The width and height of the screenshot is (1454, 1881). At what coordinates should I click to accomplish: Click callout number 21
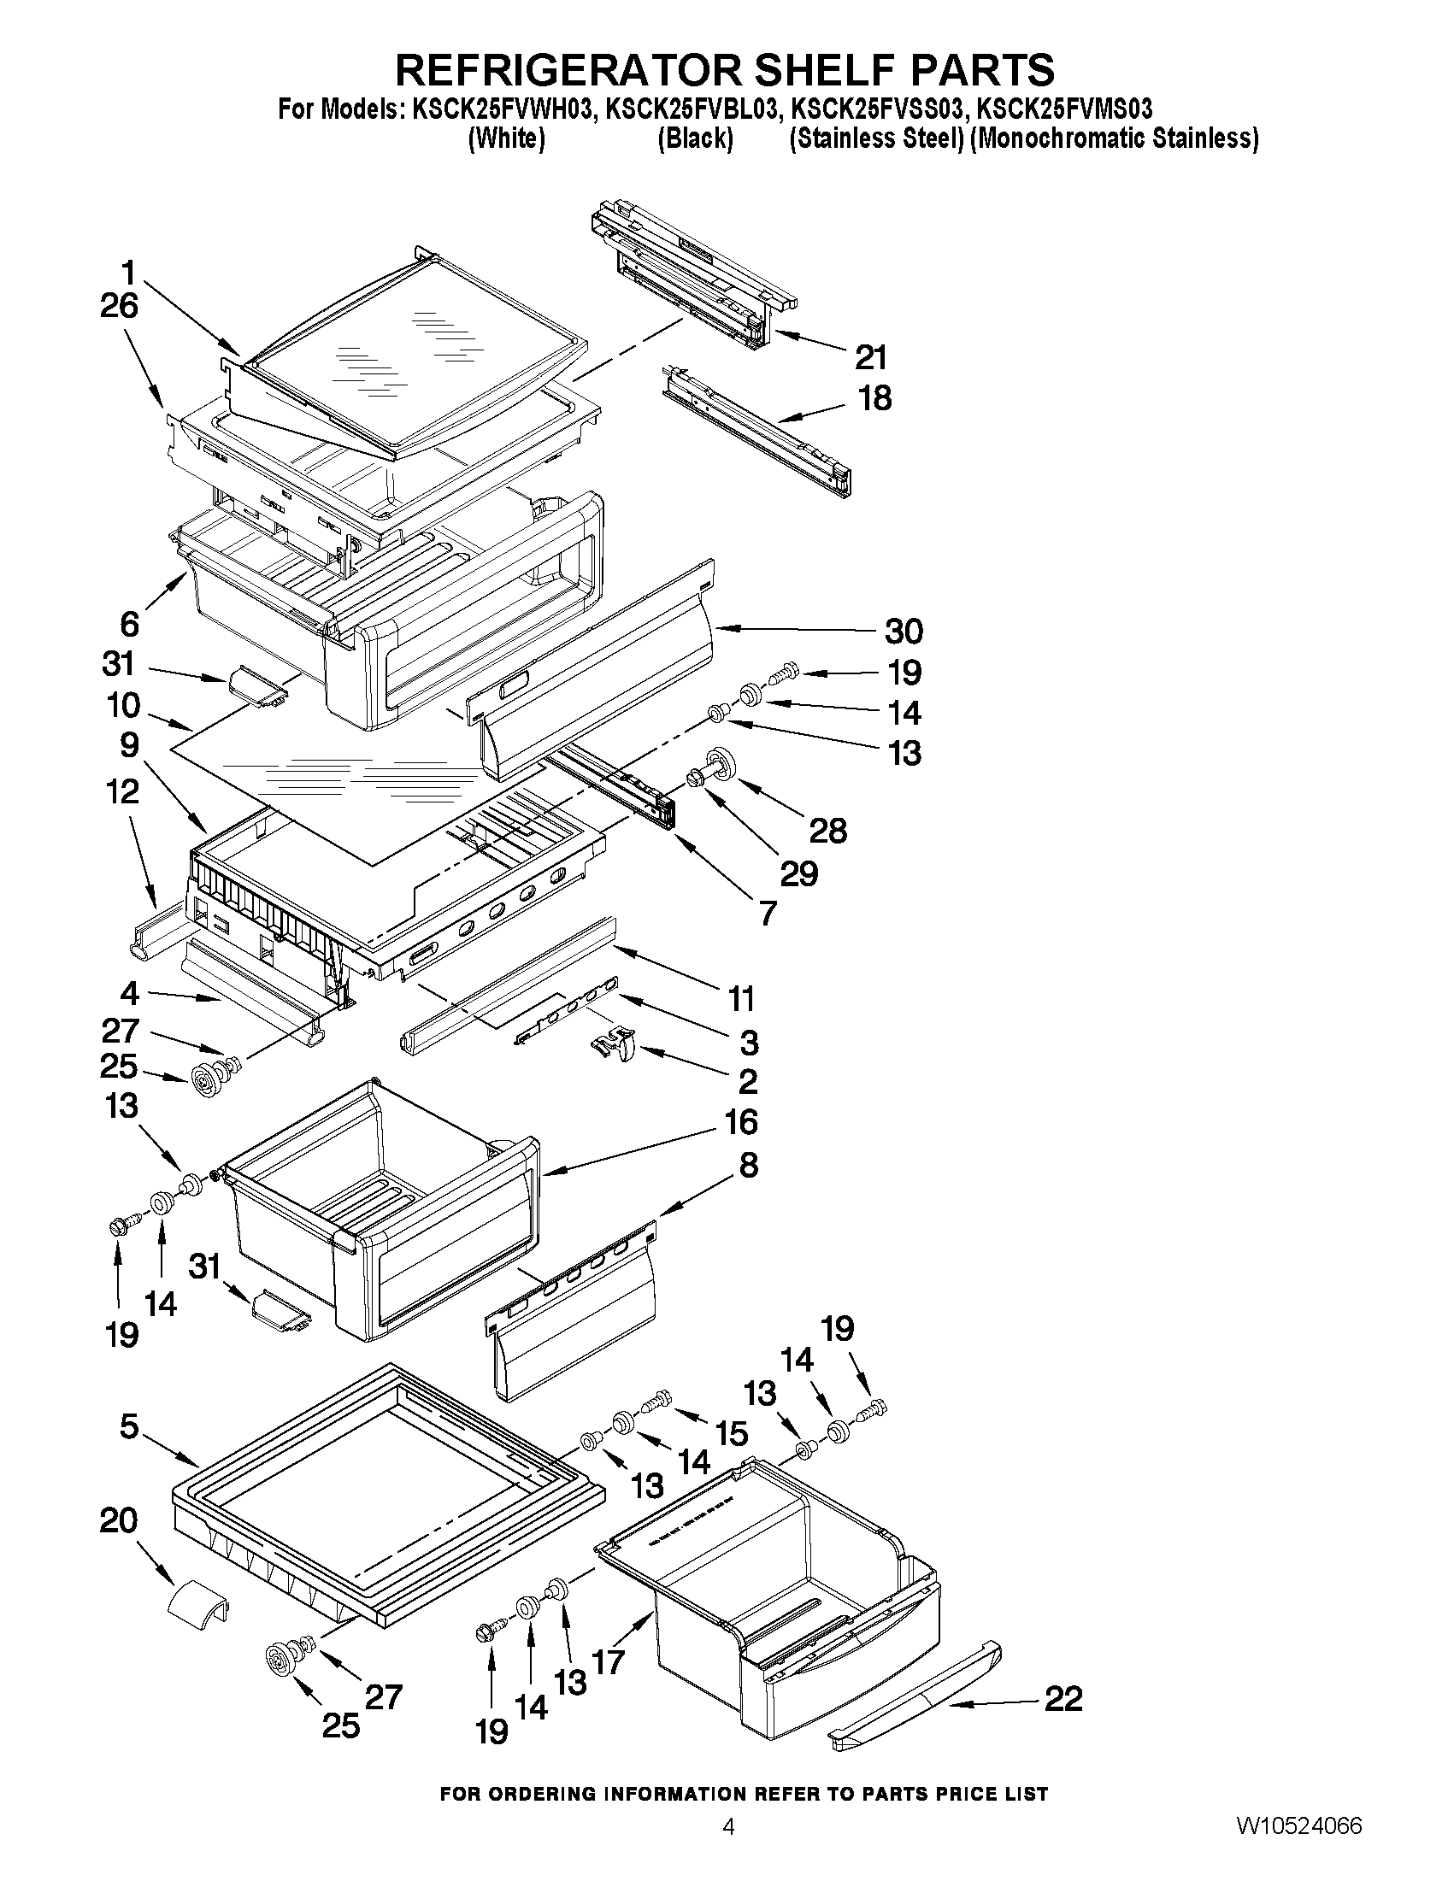870,356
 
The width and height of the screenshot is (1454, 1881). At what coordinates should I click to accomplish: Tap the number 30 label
904,632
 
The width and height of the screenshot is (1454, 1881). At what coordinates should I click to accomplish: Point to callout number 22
1063,1698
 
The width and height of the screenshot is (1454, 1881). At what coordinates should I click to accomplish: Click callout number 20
119,1520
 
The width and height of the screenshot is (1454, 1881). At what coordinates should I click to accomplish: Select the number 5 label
128,1426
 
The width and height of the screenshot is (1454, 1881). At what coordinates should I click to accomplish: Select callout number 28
827,831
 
